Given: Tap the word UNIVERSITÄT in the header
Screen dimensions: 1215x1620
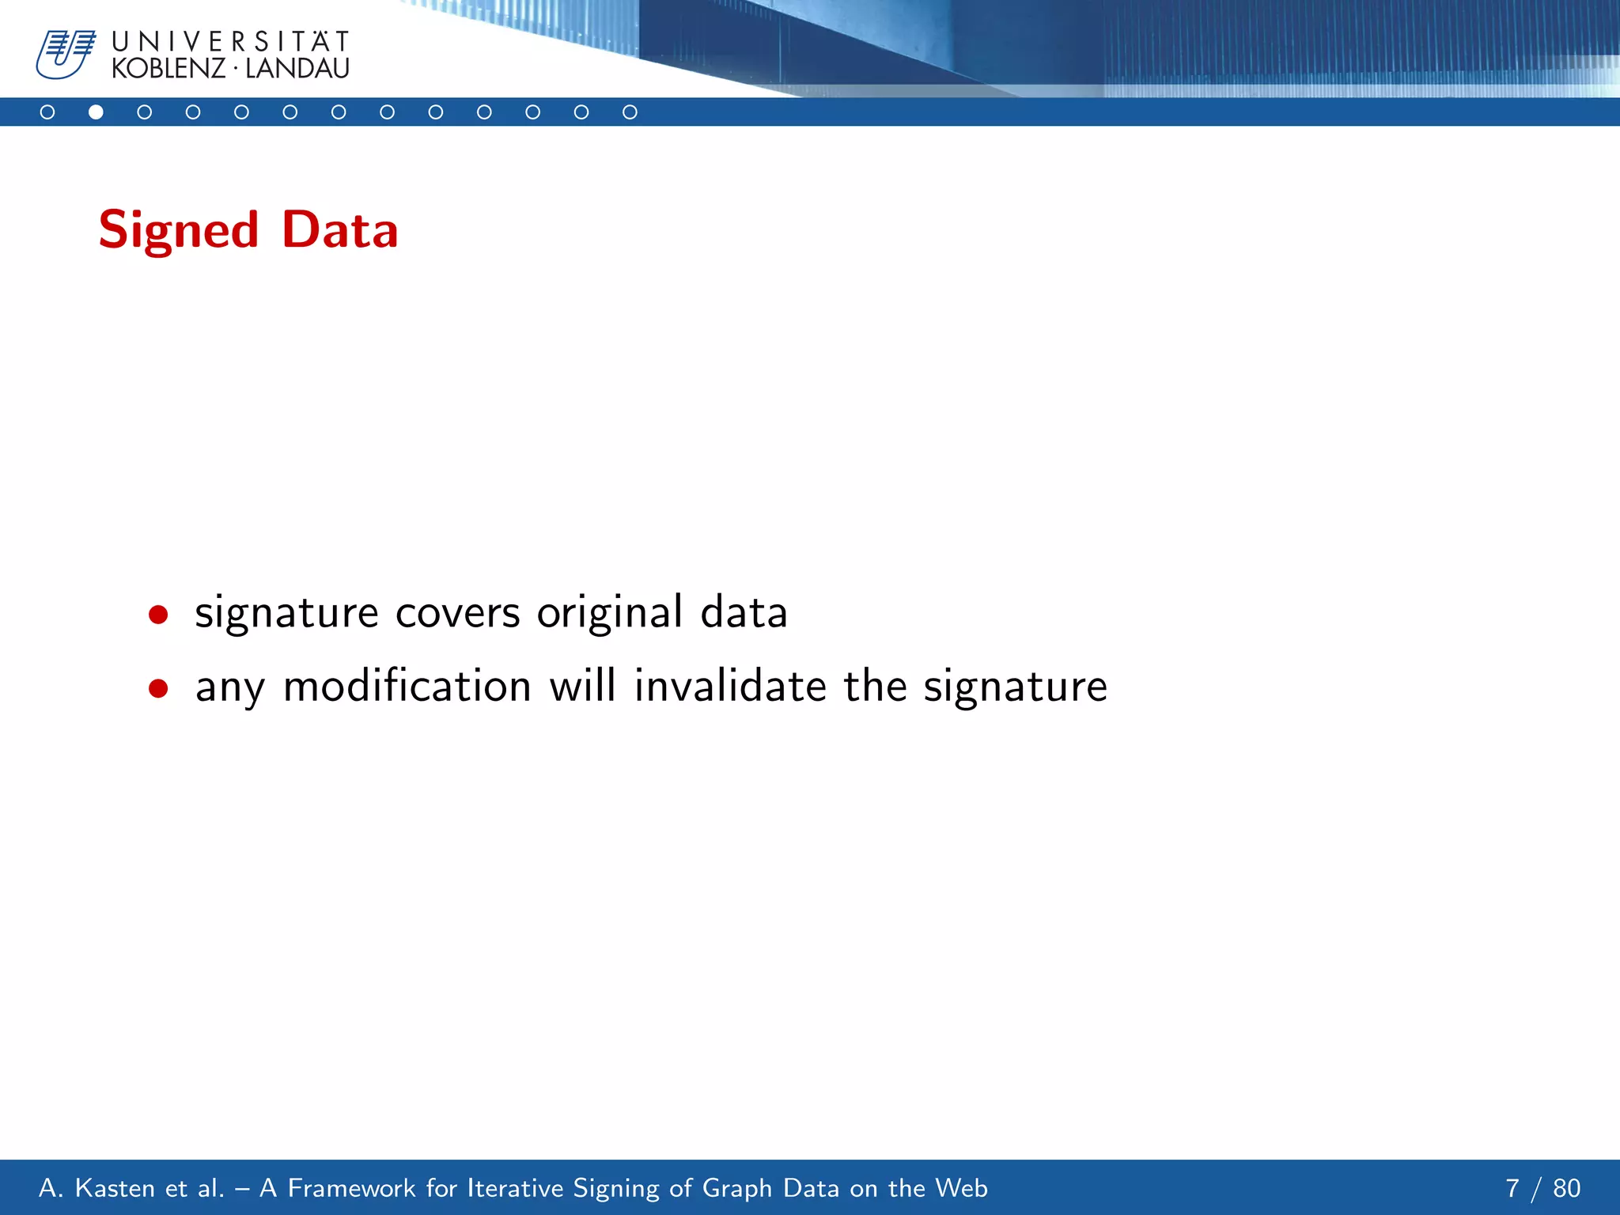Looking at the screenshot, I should pos(230,41).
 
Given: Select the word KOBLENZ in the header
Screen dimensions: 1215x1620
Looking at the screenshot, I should pos(168,69).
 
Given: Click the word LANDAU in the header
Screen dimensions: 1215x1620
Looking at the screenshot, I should pos(297,69).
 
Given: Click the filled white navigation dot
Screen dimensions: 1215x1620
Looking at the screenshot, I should pos(96,112).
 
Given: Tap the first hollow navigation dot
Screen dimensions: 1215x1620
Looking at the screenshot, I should pos(47,112).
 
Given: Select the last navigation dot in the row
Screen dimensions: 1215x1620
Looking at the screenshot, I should pos(630,112).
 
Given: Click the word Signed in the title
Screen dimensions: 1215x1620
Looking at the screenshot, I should pos(179,231).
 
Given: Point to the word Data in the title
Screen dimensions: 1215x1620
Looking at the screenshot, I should pos(340,230).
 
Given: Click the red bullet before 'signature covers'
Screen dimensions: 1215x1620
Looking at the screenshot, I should pos(158,615).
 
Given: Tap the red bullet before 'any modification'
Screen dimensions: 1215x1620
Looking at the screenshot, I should pos(158,688).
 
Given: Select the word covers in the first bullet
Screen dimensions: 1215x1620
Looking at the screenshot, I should pos(457,614).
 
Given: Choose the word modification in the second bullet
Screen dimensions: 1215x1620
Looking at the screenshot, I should pos(407,686).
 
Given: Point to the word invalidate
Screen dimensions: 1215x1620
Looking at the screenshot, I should pos(730,686).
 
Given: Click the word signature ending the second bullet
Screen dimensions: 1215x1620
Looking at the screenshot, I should pos(1016,687).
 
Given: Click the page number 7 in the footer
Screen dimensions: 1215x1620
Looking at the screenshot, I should pos(1512,1188).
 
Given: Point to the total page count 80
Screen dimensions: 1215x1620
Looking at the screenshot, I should pos(1566,1188).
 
